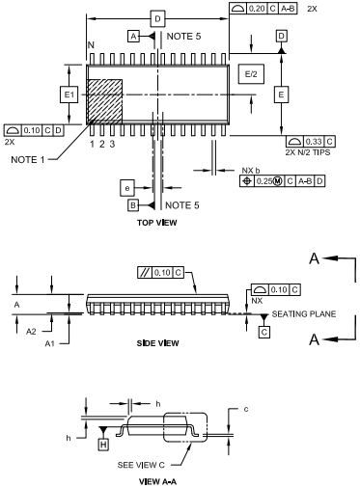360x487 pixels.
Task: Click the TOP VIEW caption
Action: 157,223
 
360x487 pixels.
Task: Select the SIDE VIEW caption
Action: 157,343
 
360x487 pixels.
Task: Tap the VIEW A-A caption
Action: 157,481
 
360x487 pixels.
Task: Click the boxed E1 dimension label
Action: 69,95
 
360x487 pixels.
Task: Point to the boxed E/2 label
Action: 251,74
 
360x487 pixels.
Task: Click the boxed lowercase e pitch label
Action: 127,188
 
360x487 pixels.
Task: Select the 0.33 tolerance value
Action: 314,142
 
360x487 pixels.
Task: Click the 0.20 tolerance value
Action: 257,9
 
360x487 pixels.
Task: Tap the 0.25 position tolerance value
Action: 264,181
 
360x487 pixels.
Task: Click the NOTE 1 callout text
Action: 28,160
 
